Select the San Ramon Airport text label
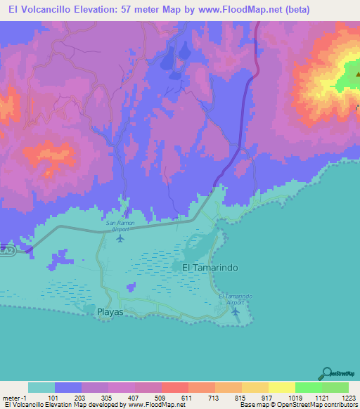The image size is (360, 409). [120, 226]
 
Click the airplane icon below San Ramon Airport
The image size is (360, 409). [120, 238]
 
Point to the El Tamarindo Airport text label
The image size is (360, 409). [235, 299]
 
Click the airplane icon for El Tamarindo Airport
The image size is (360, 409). [237, 311]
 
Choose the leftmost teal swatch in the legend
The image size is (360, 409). [41, 387]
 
